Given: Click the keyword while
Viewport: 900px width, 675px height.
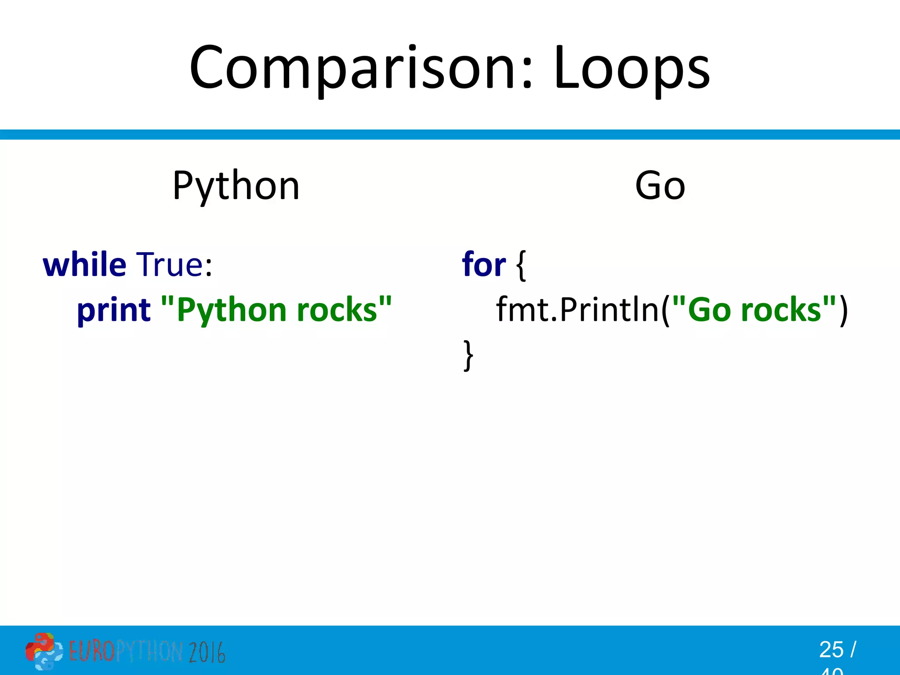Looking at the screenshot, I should click(84, 265).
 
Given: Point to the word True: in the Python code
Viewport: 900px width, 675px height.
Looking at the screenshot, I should click(174, 265).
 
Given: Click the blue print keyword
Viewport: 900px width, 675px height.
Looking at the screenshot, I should click(114, 310).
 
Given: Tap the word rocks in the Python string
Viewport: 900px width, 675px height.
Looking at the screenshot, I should click(337, 310).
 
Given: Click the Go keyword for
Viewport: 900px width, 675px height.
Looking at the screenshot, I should click(484, 265).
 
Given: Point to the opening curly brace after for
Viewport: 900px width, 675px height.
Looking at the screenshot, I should click(521, 266).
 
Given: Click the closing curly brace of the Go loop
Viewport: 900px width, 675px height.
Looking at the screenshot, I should click(468, 355).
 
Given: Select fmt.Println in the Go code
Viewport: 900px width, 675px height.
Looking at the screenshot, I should click(577, 310).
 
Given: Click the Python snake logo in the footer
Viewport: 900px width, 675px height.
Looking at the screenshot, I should click(44, 651).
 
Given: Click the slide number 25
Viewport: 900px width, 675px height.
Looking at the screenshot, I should click(831, 650).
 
